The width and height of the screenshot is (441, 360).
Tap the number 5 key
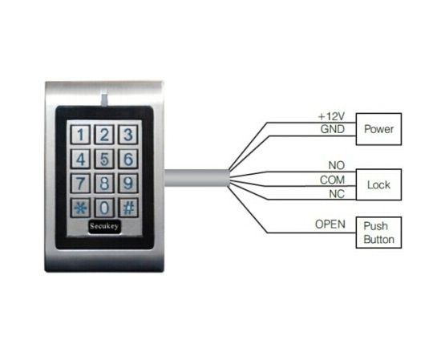(104, 159)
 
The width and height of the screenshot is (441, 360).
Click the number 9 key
(128, 183)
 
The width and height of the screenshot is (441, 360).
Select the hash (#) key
(128, 208)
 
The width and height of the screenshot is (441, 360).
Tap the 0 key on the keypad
(104, 208)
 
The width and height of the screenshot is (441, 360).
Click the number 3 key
(128, 134)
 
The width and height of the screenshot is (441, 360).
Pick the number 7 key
(80, 183)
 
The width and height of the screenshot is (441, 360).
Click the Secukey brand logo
(104, 227)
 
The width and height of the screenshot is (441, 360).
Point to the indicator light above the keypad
(104, 99)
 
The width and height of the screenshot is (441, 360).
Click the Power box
(378, 129)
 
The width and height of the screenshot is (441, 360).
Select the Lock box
(378, 184)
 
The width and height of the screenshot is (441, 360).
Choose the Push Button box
(378, 233)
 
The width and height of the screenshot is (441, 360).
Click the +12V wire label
(331, 116)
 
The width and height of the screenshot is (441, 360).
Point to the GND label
(333, 129)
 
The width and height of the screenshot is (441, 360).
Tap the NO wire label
(337, 165)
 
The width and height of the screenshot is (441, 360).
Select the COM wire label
(332, 180)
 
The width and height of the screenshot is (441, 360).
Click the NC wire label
(337, 194)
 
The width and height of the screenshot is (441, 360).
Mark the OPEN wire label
(330, 224)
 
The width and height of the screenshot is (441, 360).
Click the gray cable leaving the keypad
(197, 178)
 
